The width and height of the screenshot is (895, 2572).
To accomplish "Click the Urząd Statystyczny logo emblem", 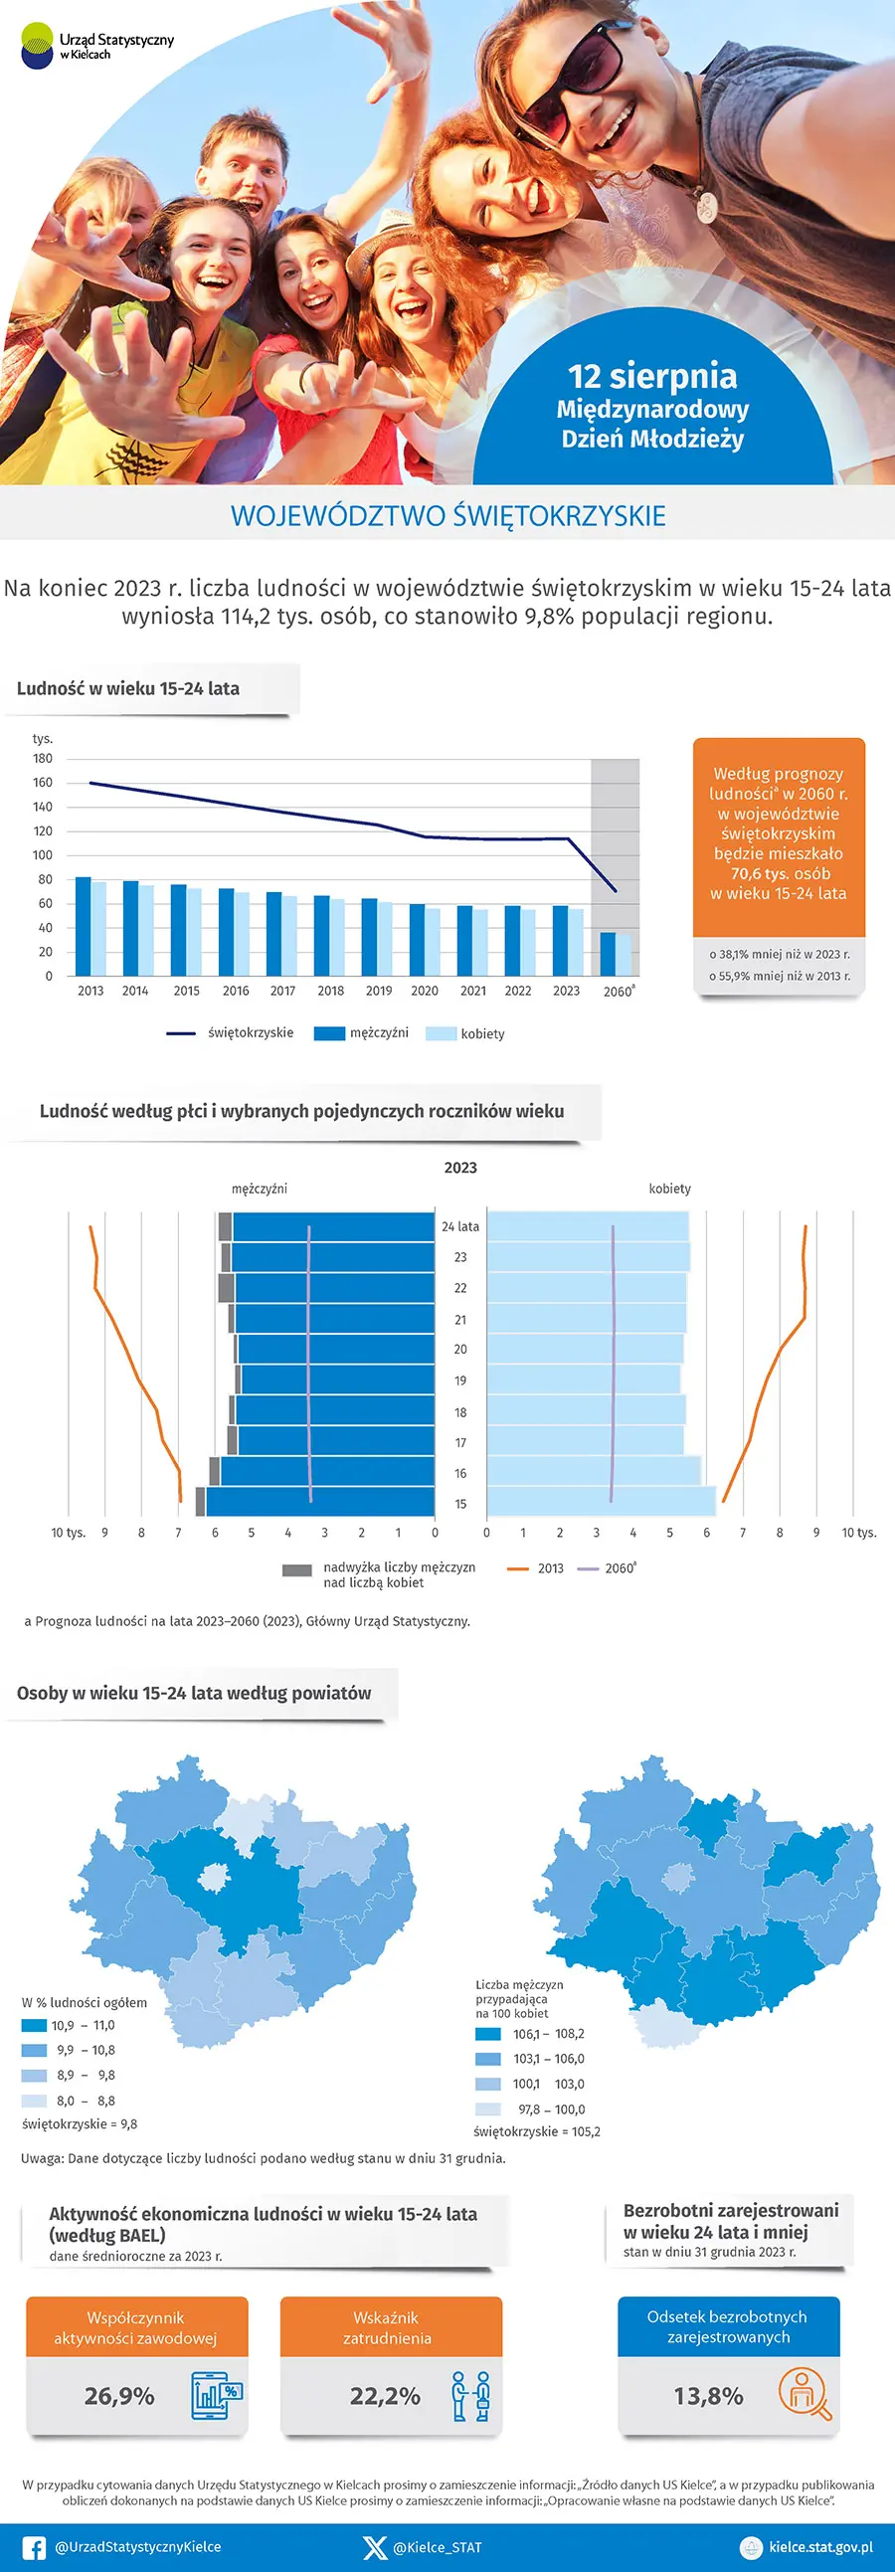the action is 37,46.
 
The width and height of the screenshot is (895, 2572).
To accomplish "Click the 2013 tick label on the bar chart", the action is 90,991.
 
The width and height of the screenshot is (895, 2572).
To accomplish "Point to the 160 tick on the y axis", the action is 43,783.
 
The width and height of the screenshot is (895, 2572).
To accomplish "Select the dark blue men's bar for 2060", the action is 608,954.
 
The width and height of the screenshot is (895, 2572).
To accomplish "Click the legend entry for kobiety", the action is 466,1033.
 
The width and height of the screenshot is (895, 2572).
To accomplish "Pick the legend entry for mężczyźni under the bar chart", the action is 361,1033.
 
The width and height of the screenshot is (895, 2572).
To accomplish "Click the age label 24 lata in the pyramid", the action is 460,1226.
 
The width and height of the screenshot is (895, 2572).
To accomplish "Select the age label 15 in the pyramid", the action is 460,1504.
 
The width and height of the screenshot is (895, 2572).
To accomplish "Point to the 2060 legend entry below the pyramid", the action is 608,1568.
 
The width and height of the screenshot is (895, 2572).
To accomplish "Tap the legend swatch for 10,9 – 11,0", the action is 34,2026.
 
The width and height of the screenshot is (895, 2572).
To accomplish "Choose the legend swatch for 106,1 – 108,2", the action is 488,2034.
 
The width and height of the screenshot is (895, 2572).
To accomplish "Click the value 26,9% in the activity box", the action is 119,2395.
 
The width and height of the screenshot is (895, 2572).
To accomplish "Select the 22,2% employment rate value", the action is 385,2395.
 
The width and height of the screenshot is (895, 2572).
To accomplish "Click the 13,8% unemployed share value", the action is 708,2395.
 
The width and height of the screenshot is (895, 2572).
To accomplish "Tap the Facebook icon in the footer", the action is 34,2547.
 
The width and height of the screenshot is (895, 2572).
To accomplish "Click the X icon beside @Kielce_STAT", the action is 375,2547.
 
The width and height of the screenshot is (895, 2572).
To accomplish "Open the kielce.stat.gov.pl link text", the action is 821,2547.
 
